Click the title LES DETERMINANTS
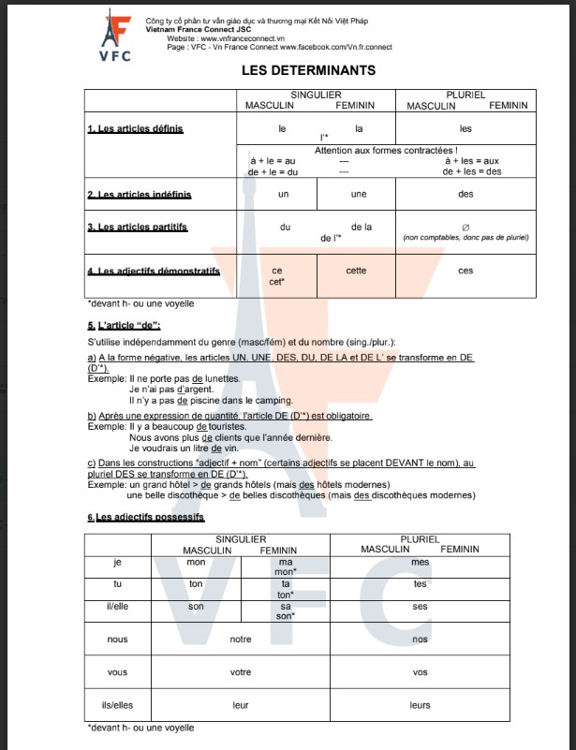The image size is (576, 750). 308,70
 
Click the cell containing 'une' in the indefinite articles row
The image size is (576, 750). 358,195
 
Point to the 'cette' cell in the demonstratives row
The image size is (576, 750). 356,271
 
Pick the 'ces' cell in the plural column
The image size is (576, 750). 465,271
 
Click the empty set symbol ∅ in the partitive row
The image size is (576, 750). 465,227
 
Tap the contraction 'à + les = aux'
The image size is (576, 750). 471,160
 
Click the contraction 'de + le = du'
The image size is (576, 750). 273,171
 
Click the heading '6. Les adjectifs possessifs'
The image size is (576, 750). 145,517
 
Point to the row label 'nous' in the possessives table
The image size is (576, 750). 117,640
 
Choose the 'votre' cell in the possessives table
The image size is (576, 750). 241,672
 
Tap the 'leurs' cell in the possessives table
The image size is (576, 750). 420,706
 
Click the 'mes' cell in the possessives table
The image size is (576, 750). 420,563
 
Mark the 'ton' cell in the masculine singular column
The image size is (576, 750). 196,583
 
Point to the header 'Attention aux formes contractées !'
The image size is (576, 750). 386,150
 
